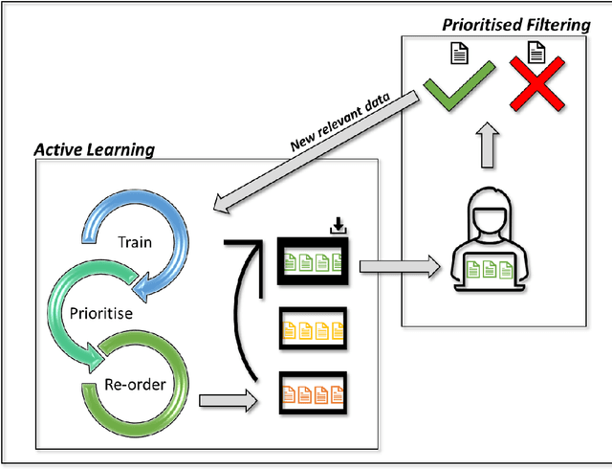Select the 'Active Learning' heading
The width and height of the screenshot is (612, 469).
(94, 149)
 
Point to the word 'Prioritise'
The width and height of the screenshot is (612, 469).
(102, 311)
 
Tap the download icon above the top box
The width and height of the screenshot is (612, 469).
(337, 227)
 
